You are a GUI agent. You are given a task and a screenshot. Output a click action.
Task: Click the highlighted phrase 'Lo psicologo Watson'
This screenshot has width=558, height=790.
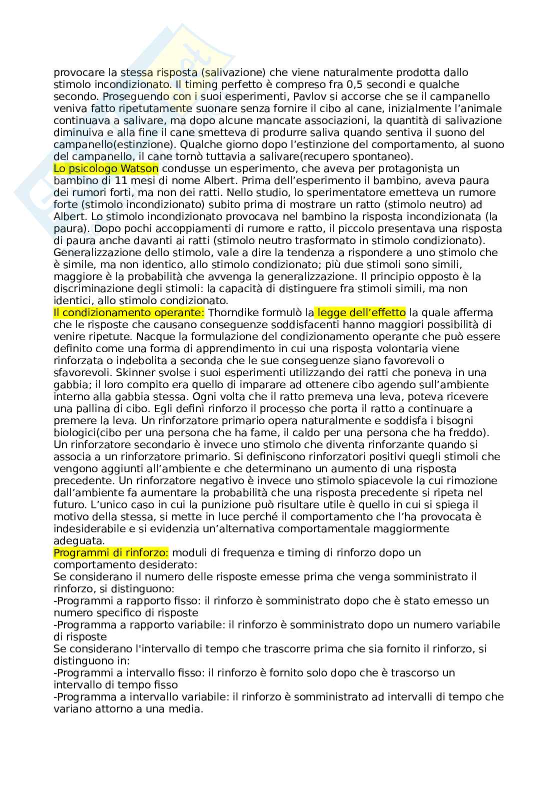[x=105, y=169]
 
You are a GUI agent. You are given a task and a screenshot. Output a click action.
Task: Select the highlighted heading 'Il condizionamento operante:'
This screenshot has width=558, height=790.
[x=129, y=313]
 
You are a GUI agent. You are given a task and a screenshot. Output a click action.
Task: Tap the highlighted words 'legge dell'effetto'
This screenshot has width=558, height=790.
[x=360, y=313]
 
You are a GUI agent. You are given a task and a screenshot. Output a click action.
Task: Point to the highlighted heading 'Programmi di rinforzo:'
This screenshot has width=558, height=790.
[x=111, y=553]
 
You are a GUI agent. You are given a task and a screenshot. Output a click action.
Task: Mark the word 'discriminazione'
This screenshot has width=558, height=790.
[x=92, y=289]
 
